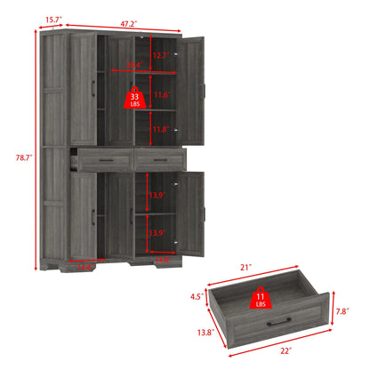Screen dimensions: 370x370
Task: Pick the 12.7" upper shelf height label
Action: [x=159, y=56]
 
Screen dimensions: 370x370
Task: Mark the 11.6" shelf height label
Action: [x=161, y=94]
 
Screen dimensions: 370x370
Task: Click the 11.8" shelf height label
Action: [x=159, y=129]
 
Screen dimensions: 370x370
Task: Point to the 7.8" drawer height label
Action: [x=342, y=310]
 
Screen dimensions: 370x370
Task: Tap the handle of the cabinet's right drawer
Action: [x=157, y=157]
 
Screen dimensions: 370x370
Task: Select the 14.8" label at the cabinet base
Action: [x=163, y=261]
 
